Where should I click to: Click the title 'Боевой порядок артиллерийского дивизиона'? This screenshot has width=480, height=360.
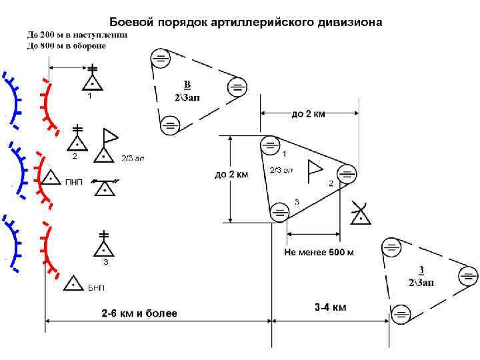click(245, 22)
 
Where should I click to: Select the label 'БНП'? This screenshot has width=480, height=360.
click(96, 287)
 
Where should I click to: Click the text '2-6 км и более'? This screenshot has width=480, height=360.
click(139, 313)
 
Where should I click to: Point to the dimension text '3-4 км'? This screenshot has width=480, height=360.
click(330, 307)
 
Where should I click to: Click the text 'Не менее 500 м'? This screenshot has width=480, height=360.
click(319, 253)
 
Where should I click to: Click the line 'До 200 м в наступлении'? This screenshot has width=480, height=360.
click(77, 35)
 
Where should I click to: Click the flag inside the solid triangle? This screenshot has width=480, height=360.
click(314, 171)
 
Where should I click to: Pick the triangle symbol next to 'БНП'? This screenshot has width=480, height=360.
click(73, 284)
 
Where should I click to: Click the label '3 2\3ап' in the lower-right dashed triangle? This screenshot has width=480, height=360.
click(421, 276)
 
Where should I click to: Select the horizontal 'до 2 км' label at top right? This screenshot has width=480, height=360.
click(309, 114)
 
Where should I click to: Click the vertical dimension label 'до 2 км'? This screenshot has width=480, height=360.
click(231, 175)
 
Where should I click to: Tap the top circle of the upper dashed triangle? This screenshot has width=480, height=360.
click(161, 59)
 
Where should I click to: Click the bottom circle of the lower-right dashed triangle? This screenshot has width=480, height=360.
click(399, 311)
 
